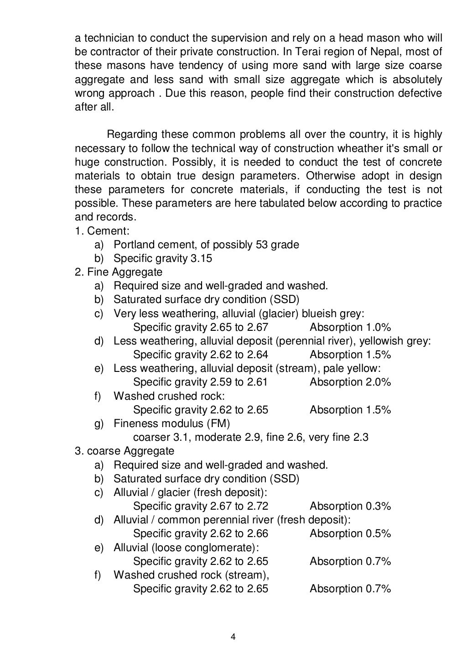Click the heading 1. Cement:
(102, 231)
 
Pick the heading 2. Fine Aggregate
(119, 272)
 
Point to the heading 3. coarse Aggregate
(125, 451)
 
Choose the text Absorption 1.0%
(350, 327)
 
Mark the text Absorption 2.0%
(350, 382)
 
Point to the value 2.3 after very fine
(361, 438)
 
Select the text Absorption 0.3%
(350, 506)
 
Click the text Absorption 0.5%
(350, 534)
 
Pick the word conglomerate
(219, 548)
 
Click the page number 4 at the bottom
(233, 637)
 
